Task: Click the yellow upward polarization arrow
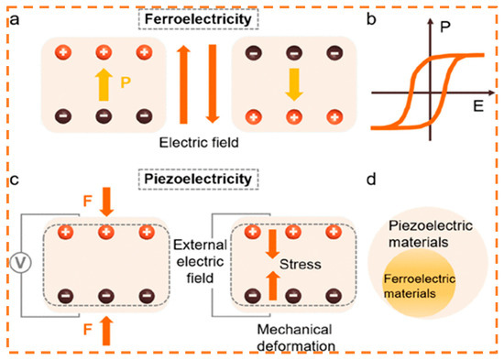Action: (x=103, y=86)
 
